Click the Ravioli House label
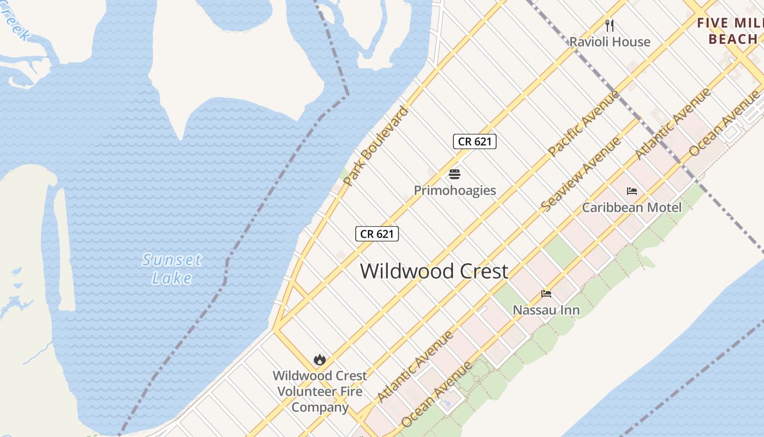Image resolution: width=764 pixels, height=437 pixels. [610, 42]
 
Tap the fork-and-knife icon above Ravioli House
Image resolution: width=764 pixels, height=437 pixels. [610, 25]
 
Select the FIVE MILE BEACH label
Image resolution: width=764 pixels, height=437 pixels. [731, 31]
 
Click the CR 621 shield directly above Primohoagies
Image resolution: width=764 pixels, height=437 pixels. [474, 141]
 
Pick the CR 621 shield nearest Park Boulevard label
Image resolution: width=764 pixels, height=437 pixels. [377, 234]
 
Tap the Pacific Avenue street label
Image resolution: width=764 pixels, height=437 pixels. [584, 123]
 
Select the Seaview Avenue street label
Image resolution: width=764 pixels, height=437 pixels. [581, 174]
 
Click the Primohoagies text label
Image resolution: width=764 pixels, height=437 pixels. [455, 191]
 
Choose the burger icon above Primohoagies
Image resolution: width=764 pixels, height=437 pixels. [455, 174]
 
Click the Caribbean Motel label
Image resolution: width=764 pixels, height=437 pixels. [631, 208]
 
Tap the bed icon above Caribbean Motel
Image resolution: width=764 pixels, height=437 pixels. [632, 191]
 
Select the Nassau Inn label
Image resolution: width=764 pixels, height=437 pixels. [546, 310]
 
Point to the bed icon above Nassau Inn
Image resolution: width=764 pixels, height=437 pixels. [546, 294]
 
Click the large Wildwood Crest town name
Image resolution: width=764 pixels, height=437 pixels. [434, 271]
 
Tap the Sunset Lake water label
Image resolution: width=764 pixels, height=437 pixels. [172, 269]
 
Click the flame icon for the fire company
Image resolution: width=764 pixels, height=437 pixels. [320, 359]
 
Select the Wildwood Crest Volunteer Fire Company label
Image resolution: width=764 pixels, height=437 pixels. [320, 391]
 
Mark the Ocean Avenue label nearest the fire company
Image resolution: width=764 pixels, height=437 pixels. [436, 395]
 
